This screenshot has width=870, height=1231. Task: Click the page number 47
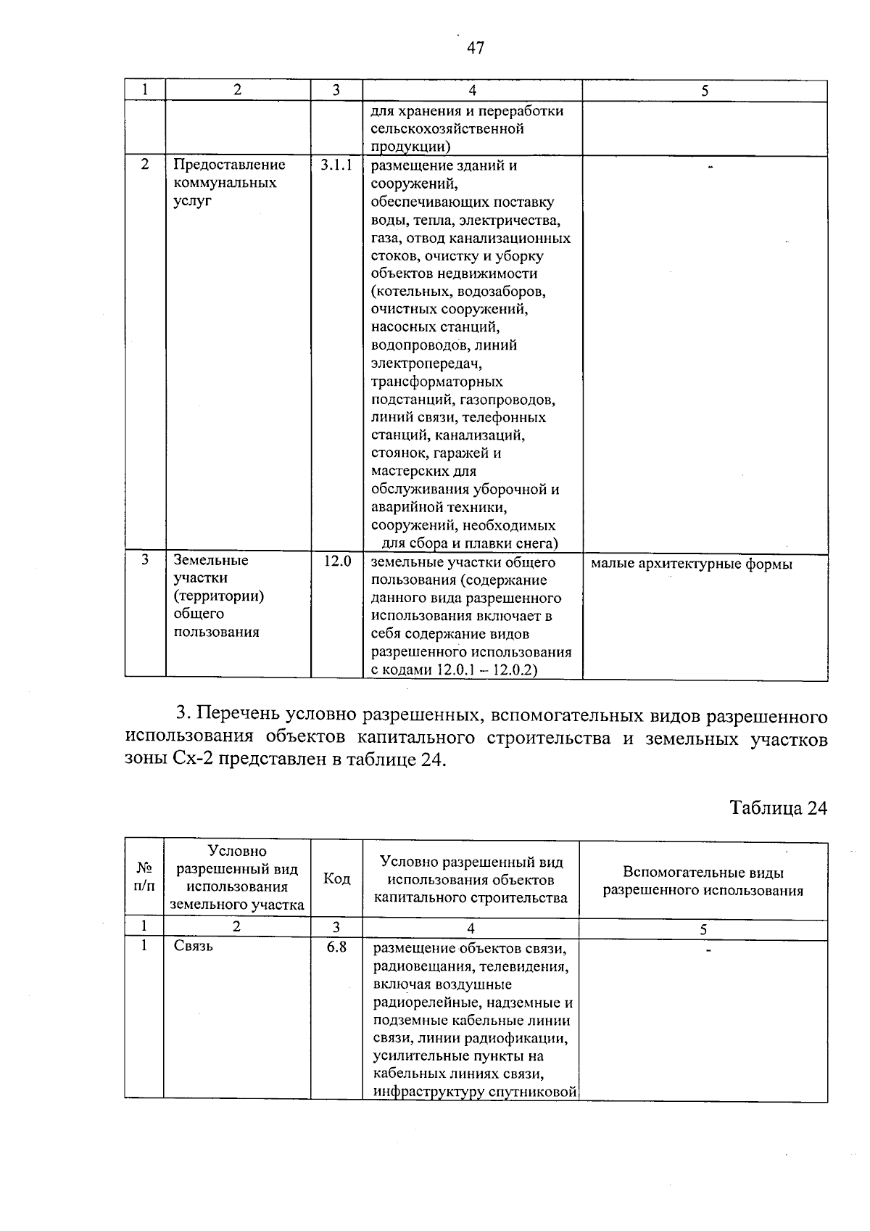476,49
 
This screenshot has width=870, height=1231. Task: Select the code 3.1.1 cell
336,165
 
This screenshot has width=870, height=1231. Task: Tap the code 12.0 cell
336,561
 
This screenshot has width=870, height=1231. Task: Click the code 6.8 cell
336,947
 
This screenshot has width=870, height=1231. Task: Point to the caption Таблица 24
778,808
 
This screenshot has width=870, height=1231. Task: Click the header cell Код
336,879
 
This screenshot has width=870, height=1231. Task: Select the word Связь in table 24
194,947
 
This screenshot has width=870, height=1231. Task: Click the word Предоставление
229,165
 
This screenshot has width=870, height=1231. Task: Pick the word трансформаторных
436,382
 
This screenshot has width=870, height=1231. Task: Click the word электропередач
426,363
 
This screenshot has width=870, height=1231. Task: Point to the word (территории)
218,596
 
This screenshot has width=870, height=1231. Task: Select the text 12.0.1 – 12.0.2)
486,670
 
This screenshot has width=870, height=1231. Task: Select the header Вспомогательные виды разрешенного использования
703,881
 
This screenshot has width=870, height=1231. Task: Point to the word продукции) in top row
407,147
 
